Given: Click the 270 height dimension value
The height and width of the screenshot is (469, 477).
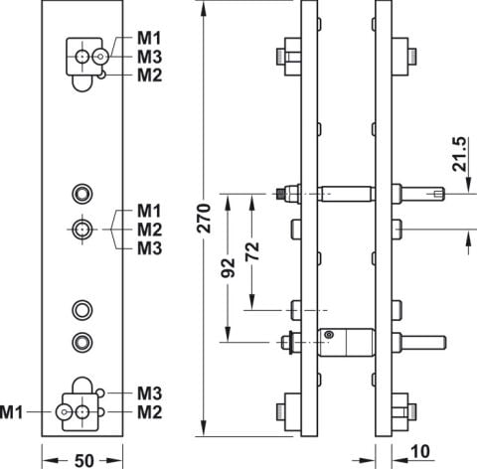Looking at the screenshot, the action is point(204,219).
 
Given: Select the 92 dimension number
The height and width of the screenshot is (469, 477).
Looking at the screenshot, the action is point(228,267).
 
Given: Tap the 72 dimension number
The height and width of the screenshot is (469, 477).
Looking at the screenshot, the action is point(252,251).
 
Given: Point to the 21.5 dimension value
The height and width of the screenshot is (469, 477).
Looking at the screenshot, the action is point(459,154).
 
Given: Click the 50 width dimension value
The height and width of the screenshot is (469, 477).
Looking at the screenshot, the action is point(84,461).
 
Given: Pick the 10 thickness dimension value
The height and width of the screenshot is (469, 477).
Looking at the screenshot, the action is point(420,451).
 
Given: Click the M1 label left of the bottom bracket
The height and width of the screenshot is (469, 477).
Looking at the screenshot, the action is point(11,412).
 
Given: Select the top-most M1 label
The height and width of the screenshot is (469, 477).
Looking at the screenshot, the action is point(149,38).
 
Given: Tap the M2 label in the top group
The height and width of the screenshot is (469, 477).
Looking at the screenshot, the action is point(150,76).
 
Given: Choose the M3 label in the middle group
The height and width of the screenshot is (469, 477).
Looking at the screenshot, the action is point(150,248).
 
